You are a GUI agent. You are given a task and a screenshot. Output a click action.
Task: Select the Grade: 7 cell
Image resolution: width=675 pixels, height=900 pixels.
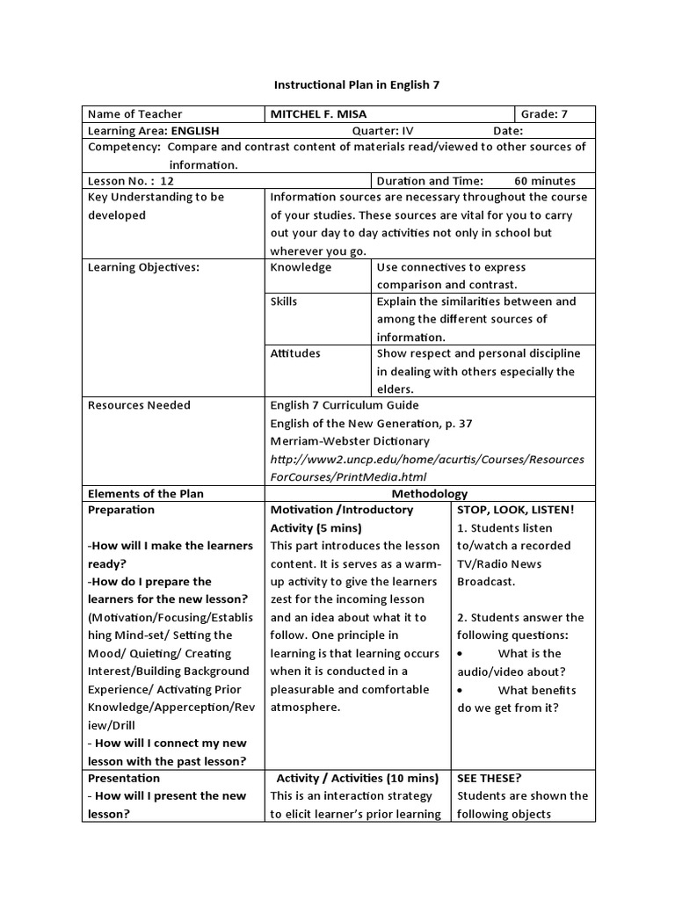pos(545,113)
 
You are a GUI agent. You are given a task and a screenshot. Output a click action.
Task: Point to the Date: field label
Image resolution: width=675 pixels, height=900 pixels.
pos(508,130)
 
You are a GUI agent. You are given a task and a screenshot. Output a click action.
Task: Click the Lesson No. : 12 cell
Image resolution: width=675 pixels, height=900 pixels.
pos(132,180)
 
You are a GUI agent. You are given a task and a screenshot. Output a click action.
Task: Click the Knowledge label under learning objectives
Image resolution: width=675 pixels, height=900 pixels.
pos(301,267)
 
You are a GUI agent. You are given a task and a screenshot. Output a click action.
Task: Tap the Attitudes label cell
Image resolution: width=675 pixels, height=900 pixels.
pos(295,353)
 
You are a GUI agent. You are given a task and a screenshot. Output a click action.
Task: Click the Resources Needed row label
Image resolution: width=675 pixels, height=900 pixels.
pos(139,405)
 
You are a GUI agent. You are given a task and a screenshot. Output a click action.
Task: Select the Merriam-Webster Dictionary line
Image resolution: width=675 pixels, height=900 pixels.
pos(350,441)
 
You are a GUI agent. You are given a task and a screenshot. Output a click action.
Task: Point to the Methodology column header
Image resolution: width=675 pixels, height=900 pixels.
pos(430,494)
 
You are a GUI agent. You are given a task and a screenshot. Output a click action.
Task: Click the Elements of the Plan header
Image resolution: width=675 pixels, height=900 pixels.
pos(146,494)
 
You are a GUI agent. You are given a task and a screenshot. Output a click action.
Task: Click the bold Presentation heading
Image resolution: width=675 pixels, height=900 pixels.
pos(124,778)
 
